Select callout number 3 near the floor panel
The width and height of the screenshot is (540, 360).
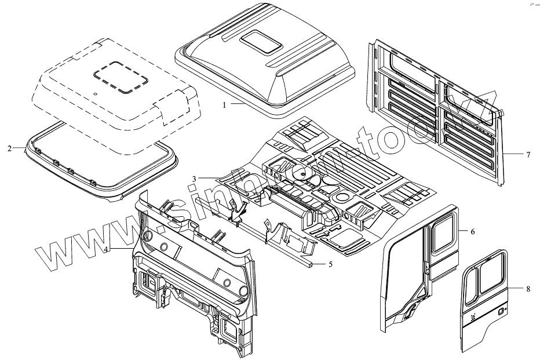[195, 177]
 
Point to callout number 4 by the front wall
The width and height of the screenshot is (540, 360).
[107, 249]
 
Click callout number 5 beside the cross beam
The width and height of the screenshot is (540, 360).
[330, 264]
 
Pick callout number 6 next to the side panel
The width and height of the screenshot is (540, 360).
[472, 231]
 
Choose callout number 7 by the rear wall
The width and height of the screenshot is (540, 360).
[528, 154]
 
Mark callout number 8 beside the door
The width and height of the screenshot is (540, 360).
[528, 288]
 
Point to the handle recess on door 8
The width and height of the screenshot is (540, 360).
[499, 312]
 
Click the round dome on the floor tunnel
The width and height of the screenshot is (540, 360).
[302, 171]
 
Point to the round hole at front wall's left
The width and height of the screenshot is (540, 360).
[147, 236]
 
